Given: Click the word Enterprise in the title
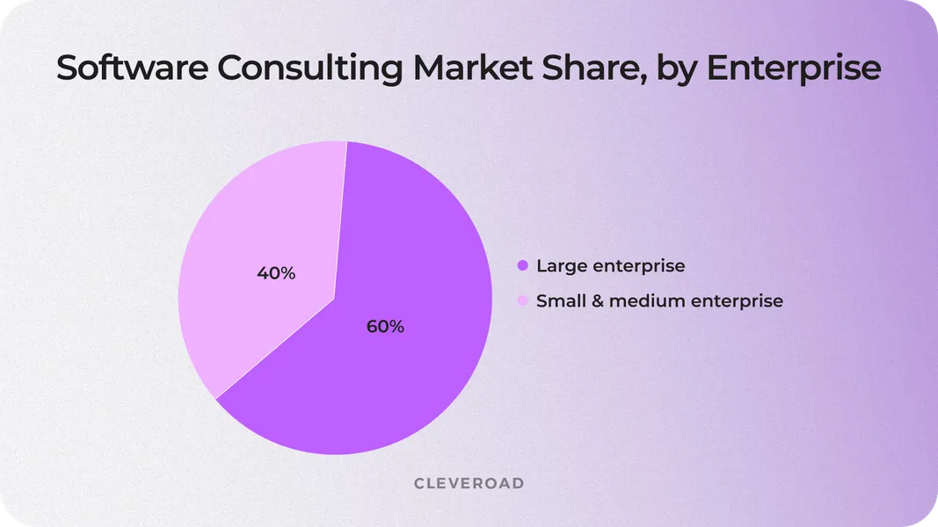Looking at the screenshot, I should click(794, 68).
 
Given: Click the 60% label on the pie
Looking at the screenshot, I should click(385, 327).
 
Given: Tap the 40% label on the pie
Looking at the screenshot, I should click(276, 273).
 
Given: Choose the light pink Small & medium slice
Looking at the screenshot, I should click(255, 228).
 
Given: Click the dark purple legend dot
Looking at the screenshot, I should click(522, 265).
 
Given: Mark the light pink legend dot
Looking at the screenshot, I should click(522, 301).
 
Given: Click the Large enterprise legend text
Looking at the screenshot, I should click(610, 265).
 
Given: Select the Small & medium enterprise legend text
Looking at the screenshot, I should click(659, 301).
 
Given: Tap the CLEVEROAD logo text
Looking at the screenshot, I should click(469, 484).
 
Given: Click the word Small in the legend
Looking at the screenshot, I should click(556, 301).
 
